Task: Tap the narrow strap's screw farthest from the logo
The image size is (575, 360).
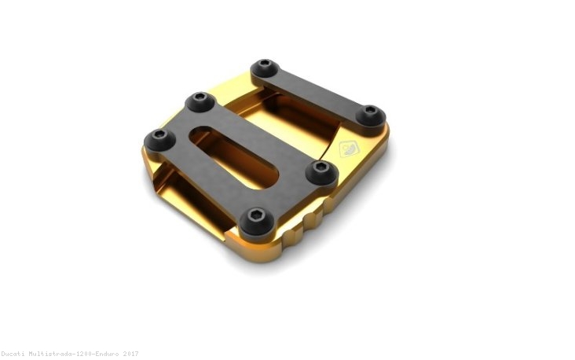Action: coord(266,66)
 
